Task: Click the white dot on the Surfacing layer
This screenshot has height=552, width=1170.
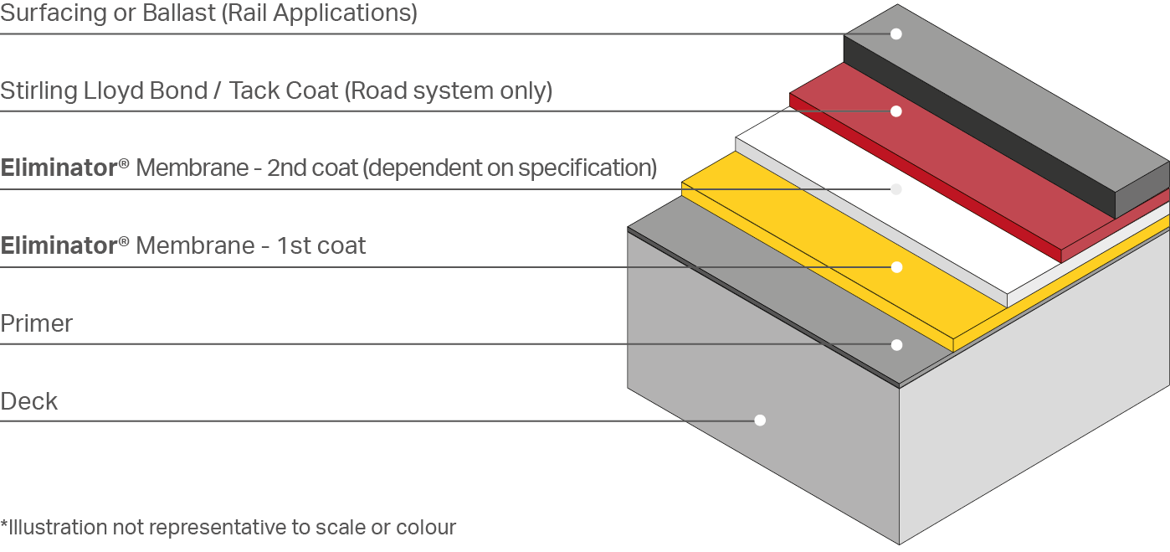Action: (x=895, y=34)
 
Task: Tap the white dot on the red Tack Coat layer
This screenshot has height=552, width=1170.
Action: (x=895, y=111)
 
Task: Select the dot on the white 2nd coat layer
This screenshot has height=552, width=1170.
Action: (x=895, y=189)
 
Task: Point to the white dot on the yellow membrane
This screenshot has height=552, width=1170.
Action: (x=895, y=267)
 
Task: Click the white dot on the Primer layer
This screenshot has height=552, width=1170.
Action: (x=895, y=344)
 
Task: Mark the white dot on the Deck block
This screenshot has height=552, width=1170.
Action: (x=760, y=420)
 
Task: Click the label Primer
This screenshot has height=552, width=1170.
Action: (x=37, y=323)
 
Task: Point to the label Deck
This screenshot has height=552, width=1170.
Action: (x=29, y=401)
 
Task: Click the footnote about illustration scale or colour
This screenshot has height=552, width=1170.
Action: (x=228, y=528)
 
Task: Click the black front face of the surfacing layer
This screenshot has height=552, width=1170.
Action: (x=971, y=126)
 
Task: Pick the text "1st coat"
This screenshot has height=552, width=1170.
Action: (x=322, y=246)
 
